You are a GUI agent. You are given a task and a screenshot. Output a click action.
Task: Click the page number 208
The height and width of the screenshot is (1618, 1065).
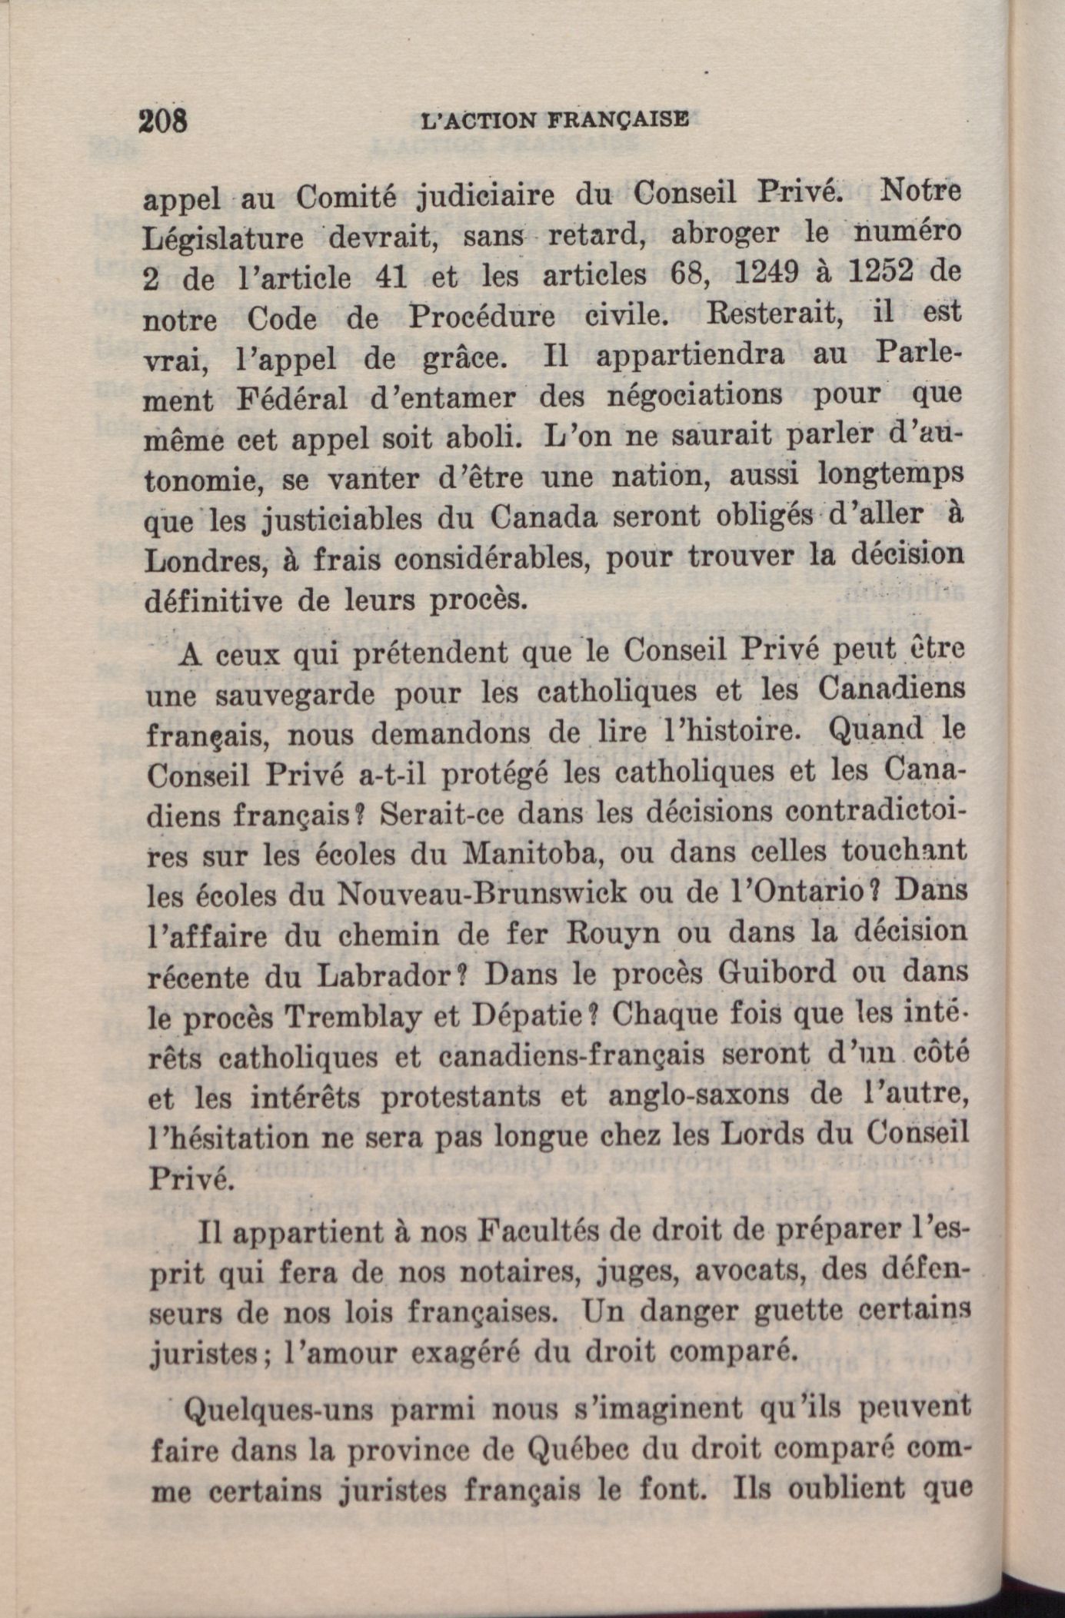164,121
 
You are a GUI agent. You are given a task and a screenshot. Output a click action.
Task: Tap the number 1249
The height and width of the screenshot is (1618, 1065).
760,274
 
